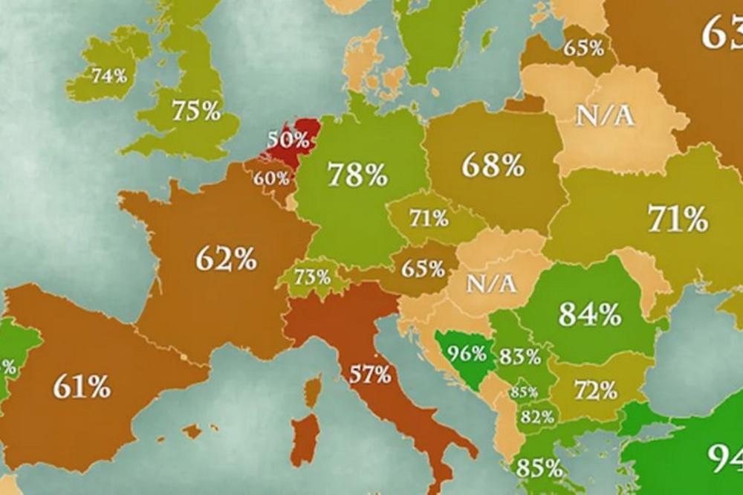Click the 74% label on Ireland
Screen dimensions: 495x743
coord(109,75)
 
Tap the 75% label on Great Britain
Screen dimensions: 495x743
coord(196,111)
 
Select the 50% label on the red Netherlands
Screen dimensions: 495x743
coord(288,139)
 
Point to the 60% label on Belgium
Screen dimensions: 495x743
coord(270,178)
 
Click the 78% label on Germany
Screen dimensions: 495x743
coord(357,175)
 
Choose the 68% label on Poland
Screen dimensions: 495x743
coord(493,165)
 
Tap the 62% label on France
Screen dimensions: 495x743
coord(226,259)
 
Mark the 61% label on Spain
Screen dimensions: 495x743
coord(82,386)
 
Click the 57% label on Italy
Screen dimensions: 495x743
coord(371,374)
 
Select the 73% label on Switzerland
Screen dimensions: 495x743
coord(312,277)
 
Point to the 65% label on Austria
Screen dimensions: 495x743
coord(424,268)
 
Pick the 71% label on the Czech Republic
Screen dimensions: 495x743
coord(429,219)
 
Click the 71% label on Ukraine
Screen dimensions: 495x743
coord(677,219)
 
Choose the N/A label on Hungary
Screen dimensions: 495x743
coord(491,283)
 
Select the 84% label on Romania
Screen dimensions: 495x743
coord(589,314)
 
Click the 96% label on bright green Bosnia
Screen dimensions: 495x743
coord(467,352)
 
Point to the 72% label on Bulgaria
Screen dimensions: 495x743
coord(595,389)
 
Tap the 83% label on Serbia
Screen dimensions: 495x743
coord(520,357)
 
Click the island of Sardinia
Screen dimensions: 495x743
coord(305,439)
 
